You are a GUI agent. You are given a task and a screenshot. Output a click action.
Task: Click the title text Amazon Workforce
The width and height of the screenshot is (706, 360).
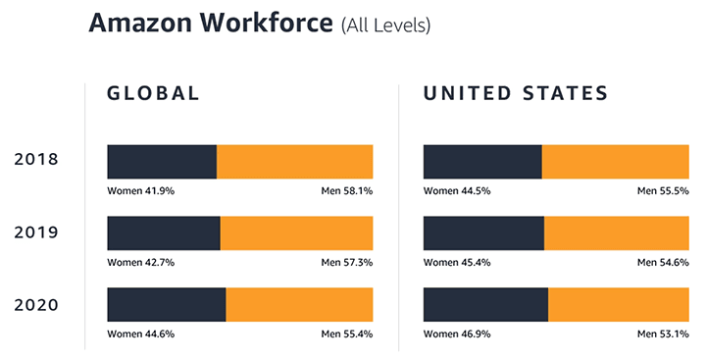pos(211,25)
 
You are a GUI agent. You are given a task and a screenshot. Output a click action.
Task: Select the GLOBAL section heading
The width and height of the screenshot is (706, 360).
pos(153,94)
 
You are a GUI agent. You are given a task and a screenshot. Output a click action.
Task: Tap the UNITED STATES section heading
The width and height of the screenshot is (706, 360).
pos(516,94)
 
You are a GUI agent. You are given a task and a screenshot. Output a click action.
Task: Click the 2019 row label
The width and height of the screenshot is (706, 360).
pos(35,232)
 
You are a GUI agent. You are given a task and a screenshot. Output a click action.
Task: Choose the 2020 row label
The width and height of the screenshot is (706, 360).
pos(35,305)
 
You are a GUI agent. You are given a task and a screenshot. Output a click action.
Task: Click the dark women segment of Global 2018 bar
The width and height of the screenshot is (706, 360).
pos(162,161)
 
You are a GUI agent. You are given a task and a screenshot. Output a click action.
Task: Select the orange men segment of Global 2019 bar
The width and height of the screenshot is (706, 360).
pos(296,232)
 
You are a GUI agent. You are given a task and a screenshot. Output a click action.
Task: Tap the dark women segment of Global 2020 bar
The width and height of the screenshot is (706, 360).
pos(167,305)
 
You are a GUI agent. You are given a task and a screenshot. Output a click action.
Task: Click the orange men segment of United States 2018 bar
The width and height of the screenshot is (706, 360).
pos(615,161)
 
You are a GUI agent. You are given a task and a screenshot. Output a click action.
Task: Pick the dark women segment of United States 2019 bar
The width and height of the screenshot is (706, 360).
pos(483,232)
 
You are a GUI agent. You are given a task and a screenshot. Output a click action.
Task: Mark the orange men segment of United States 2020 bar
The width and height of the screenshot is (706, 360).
pos(618,305)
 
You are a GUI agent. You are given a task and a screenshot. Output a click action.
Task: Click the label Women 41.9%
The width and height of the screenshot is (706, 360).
pos(141,190)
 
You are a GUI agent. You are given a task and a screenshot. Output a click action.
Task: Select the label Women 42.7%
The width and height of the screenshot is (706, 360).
pos(141,262)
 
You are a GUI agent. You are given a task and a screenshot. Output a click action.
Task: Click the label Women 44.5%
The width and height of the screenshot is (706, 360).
pos(457,190)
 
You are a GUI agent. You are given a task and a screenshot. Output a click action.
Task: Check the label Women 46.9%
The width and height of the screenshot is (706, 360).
pos(457,334)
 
